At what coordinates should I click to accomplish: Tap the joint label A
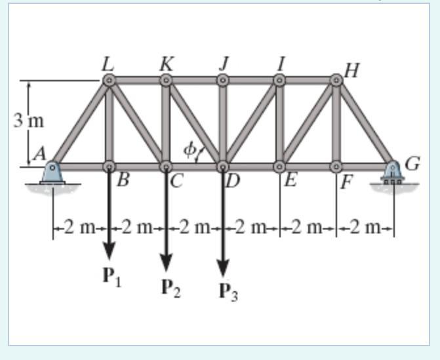coord(39,155)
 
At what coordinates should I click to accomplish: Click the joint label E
coord(289,180)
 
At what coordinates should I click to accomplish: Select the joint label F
coord(346,181)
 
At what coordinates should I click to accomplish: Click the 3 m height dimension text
coord(28,121)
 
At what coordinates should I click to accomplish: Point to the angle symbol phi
coord(189,150)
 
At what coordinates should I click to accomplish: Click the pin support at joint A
coord(52,174)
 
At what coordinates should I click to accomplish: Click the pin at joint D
coord(223,166)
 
